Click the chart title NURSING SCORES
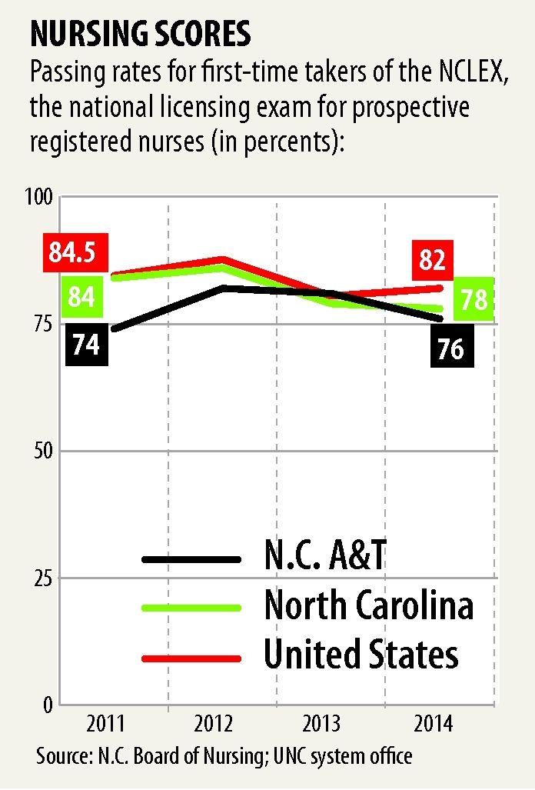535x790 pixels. click(139, 34)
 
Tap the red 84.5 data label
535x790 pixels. click(78, 253)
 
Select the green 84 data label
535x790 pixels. click(81, 296)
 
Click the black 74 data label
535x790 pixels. click(86, 343)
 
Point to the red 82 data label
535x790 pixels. click(432, 261)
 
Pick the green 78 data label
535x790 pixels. click(474, 299)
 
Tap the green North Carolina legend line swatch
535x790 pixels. click(192, 607)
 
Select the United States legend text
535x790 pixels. click(361, 655)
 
